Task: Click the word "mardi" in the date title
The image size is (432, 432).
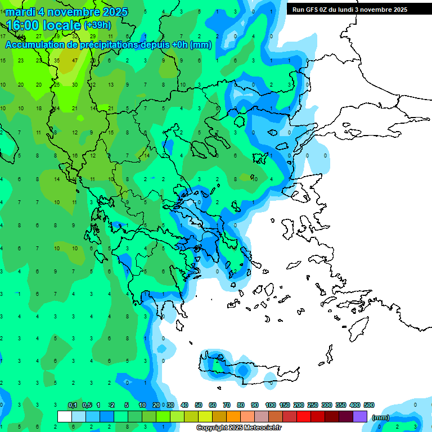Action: [20, 12]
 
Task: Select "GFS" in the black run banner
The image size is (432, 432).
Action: [313, 10]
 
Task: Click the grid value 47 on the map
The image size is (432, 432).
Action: [75, 61]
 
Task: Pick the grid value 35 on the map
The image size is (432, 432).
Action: [57, 61]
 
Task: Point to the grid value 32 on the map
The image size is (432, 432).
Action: [75, 37]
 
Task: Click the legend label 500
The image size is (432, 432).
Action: [369, 406]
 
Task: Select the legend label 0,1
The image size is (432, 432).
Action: [72, 406]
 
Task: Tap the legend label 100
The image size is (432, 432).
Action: [270, 406]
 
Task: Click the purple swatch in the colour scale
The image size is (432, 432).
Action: [361, 417]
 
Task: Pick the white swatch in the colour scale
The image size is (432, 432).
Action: [65, 417]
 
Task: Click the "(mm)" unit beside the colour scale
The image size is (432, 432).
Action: [381, 418]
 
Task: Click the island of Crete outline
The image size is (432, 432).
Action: [247, 368]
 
